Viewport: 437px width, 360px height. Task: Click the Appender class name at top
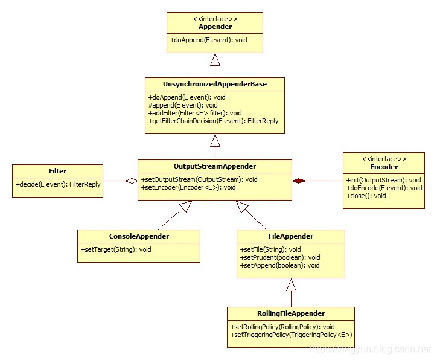215,27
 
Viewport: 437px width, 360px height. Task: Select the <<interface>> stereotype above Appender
215,19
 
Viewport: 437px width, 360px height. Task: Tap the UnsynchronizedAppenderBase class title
215,84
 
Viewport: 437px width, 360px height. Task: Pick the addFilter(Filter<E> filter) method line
194,112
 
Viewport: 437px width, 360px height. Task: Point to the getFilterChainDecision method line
213,121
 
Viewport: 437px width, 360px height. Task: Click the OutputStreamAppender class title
215,166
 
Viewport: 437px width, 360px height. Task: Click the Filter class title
57,171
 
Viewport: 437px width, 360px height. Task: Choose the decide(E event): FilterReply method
58,184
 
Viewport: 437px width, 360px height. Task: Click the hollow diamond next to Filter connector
132,180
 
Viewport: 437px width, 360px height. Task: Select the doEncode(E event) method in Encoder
384,188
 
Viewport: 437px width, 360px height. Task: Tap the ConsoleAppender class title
139,236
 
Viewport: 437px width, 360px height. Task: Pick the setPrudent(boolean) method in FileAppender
279,257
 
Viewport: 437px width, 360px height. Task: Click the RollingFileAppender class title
290,313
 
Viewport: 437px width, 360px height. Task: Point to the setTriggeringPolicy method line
291,335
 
